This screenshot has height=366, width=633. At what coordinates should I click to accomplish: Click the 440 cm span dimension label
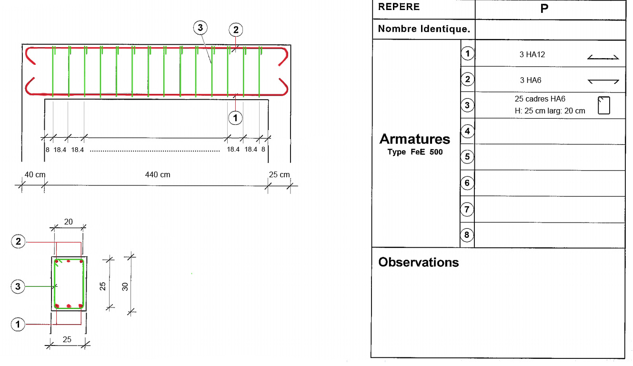[158, 175]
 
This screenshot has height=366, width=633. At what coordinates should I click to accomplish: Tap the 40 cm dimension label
[35, 175]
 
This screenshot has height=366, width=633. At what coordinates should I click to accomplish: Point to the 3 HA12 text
[532, 55]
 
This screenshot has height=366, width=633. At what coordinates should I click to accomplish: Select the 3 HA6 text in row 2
[531, 81]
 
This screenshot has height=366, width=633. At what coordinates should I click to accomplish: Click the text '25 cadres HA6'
[540, 99]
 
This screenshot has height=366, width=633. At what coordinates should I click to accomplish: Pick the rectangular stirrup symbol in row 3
[604, 105]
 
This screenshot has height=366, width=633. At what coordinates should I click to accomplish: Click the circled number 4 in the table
[467, 131]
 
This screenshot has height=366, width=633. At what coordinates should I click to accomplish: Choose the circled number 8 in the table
[467, 234]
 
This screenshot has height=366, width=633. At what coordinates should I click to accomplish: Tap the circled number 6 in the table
[467, 183]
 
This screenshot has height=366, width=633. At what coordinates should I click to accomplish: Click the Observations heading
[419, 262]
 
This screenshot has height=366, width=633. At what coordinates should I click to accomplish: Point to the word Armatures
[414, 139]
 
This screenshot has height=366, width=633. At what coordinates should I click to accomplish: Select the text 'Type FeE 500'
[415, 152]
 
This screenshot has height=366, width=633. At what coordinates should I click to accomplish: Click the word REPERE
[399, 7]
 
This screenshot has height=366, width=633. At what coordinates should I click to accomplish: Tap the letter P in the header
[544, 9]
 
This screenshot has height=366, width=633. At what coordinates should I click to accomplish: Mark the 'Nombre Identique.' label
[424, 29]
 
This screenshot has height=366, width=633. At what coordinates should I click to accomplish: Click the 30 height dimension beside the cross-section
[125, 286]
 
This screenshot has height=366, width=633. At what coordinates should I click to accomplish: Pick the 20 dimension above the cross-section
[69, 222]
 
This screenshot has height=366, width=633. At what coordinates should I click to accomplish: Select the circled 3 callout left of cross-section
[18, 286]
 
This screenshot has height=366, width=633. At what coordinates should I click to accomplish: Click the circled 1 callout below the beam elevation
[235, 117]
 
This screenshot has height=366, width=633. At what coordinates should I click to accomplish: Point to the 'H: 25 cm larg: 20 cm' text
[550, 111]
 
